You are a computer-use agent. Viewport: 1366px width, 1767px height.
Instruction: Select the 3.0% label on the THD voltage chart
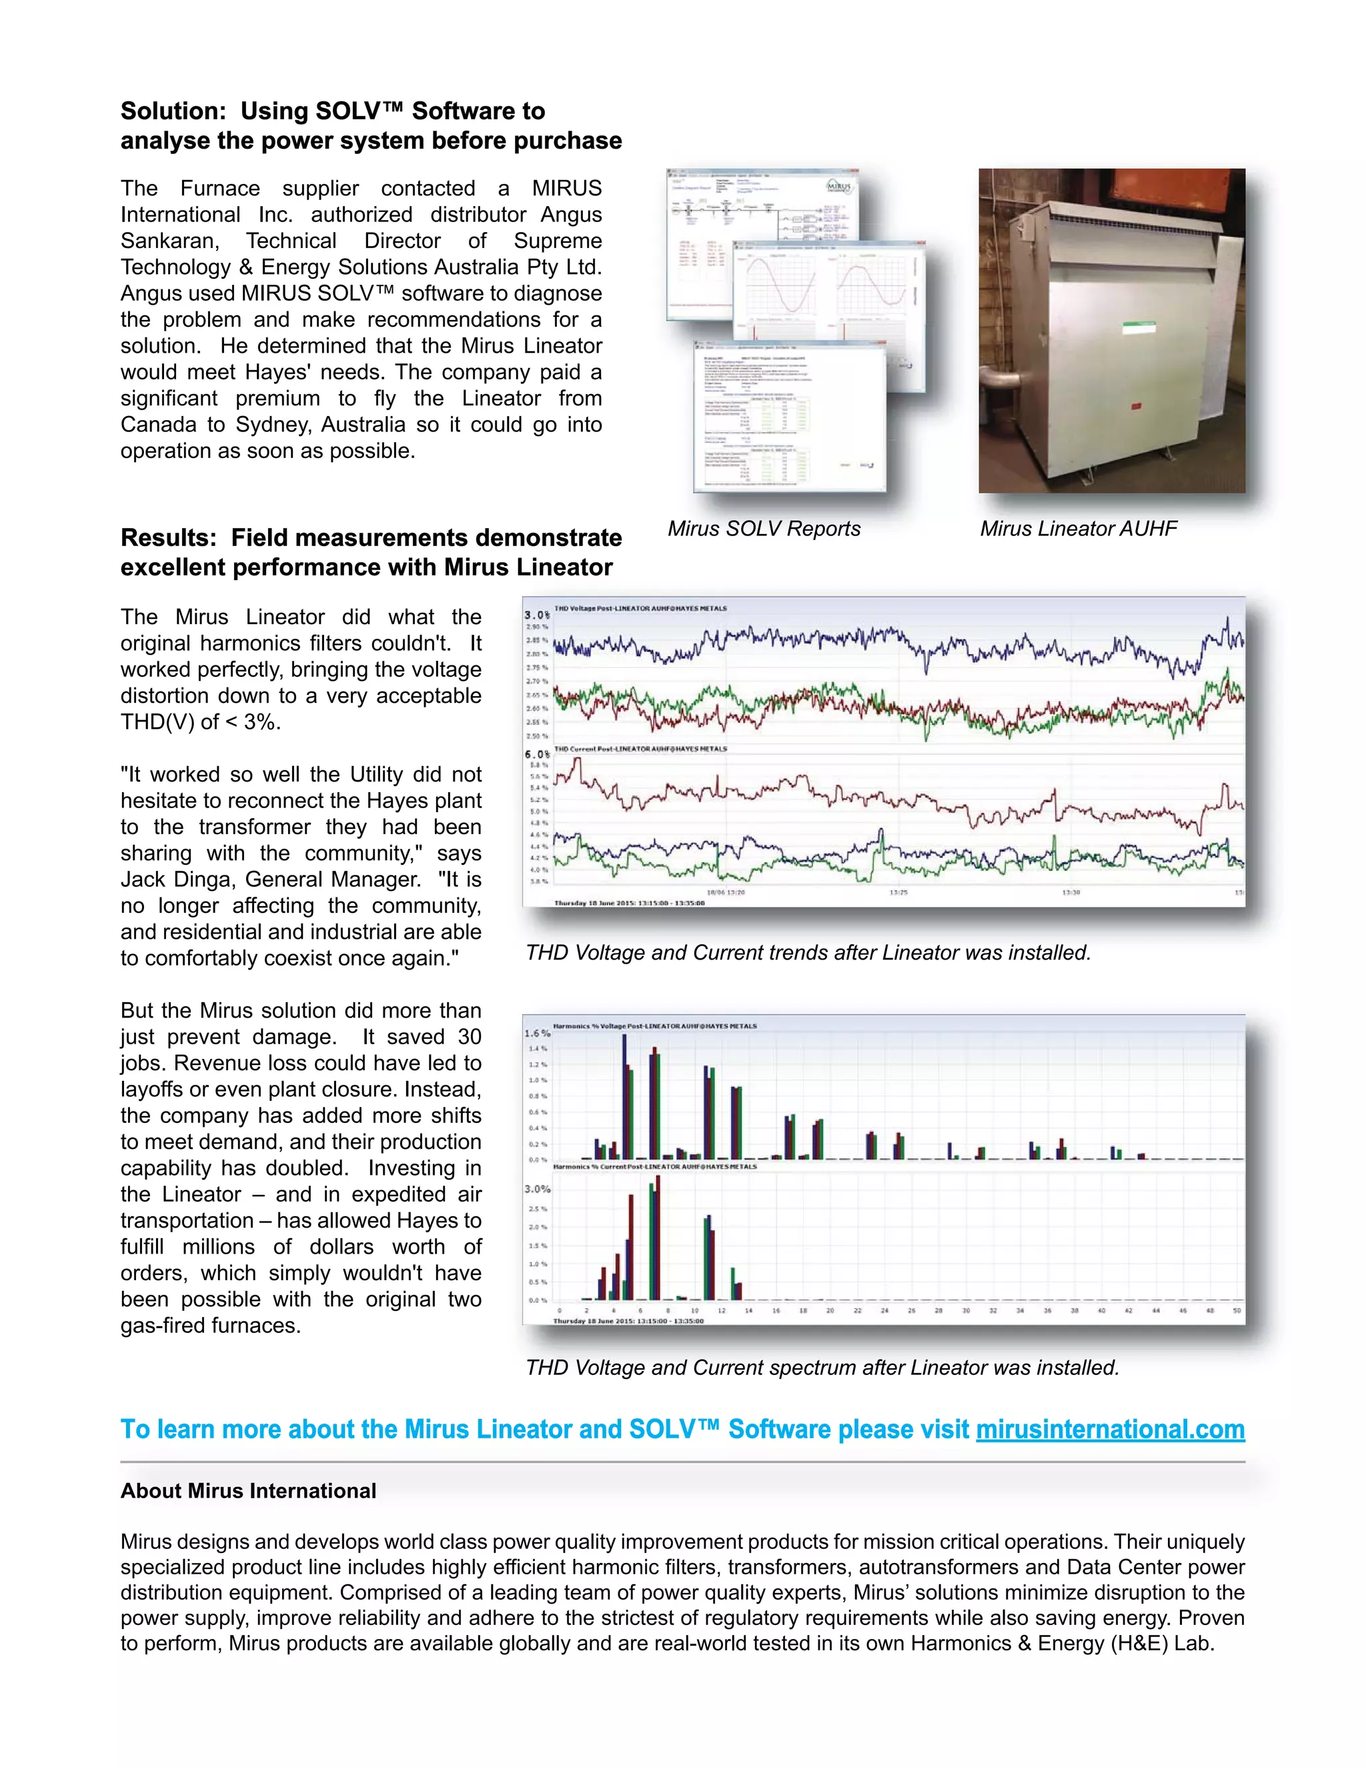coord(536,615)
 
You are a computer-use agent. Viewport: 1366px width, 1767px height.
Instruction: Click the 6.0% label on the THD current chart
coord(536,754)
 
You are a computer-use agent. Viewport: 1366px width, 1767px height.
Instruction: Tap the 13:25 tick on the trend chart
coord(898,892)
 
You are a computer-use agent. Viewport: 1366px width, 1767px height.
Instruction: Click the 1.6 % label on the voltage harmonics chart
coord(536,1033)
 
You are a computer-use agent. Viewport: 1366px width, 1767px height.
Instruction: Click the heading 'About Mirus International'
coord(248,1491)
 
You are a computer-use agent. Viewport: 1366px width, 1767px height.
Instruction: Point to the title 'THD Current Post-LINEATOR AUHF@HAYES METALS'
coord(640,749)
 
